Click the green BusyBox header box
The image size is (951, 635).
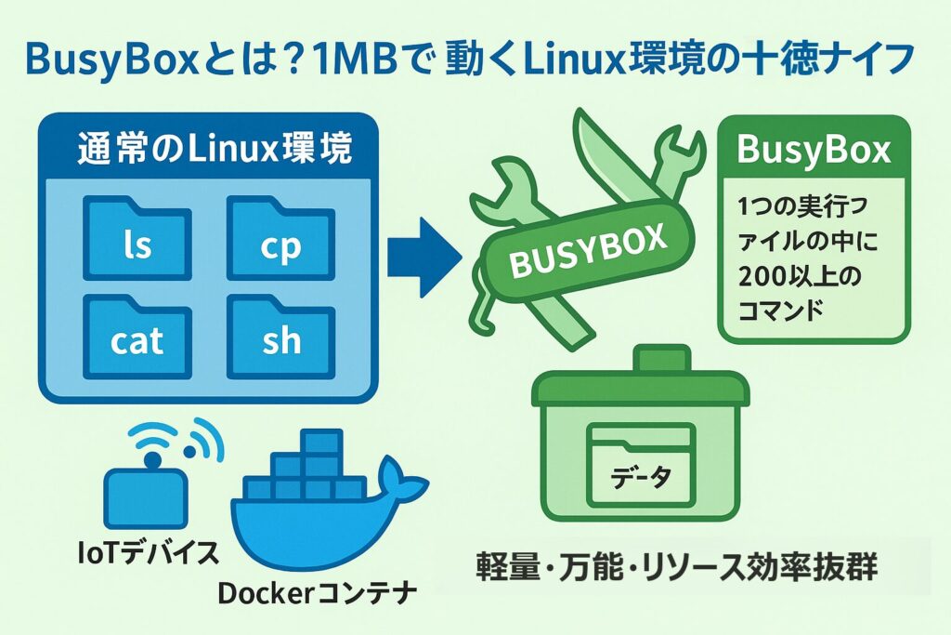click(x=814, y=151)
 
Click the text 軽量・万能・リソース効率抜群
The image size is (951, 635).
click(x=677, y=566)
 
